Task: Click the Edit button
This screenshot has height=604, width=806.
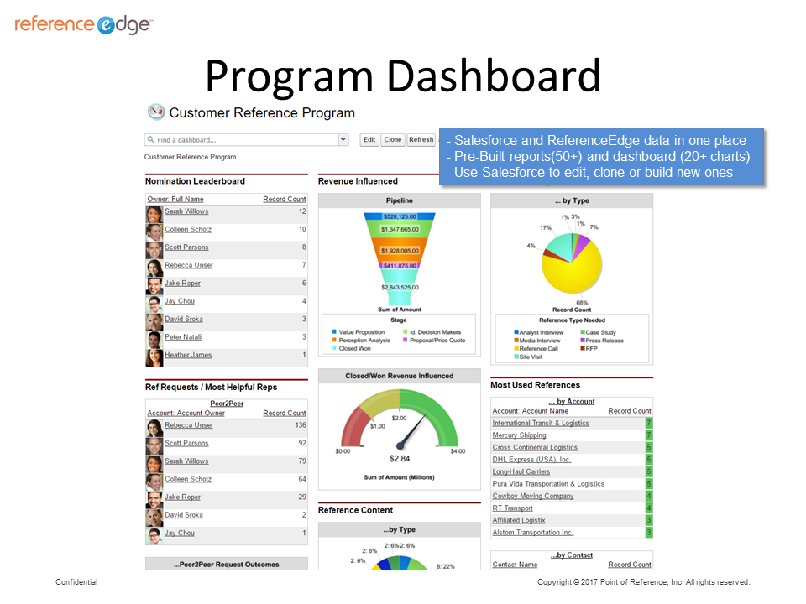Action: point(369,140)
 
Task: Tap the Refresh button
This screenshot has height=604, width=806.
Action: point(421,140)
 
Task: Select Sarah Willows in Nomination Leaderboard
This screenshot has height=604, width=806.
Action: point(186,211)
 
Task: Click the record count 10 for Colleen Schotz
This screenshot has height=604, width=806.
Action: point(301,229)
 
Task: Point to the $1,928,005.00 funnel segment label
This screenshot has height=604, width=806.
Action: point(400,251)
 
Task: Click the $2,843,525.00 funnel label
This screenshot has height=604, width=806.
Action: point(400,288)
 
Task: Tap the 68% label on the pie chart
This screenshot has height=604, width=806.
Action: point(582,302)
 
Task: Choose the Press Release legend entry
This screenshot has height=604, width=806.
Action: point(604,341)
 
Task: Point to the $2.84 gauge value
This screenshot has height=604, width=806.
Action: point(400,459)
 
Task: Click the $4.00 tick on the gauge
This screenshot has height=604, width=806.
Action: point(457,451)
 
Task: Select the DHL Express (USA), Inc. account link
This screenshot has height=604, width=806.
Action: point(531,460)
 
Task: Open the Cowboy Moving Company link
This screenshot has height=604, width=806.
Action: point(533,496)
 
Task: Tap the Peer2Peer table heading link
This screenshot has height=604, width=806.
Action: point(226,404)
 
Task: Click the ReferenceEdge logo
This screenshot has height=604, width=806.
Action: point(83,24)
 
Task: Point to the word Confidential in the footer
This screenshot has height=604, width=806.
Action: point(76,582)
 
